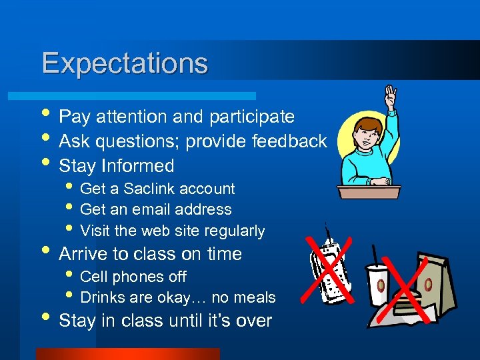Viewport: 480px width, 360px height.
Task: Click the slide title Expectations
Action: (x=125, y=64)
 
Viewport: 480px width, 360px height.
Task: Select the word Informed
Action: (x=143, y=166)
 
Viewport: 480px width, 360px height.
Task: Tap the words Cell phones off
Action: (x=133, y=277)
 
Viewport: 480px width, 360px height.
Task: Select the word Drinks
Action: (x=102, y=297)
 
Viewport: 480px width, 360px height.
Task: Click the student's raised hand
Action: (x=389, y=96)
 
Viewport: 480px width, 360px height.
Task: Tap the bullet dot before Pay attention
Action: (x=45, y=117)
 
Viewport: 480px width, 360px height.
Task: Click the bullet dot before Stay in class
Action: (x=45, y=321)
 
